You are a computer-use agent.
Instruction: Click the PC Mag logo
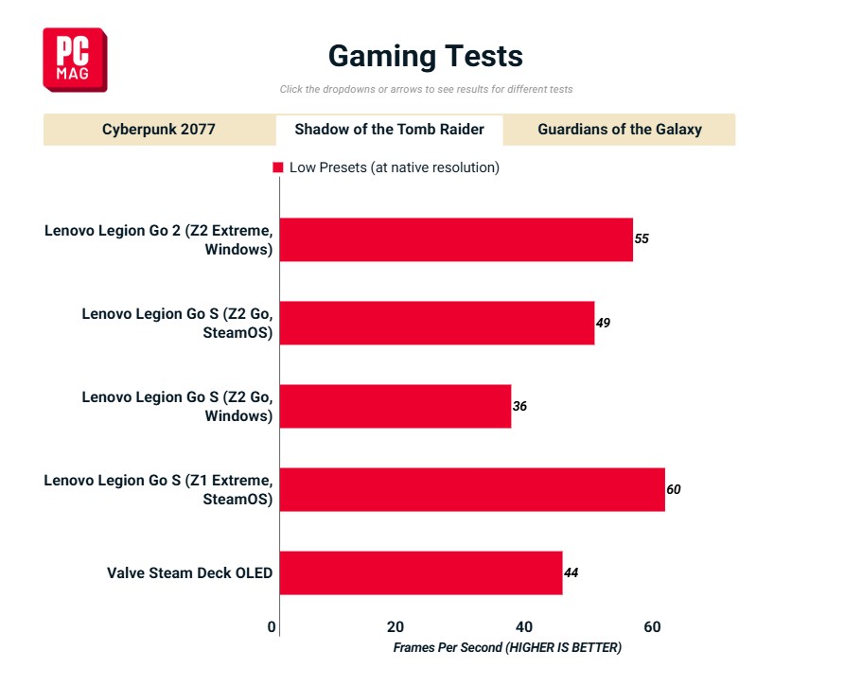tap(75, 60)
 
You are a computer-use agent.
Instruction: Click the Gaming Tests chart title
tap(425, 56)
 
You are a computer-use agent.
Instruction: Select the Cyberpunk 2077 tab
tap(159, 130)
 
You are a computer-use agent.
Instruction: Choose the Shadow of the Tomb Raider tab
tap(389, 130)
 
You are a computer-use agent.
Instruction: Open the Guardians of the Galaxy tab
tap(620, 130)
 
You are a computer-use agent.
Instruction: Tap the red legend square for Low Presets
tap(278, 167)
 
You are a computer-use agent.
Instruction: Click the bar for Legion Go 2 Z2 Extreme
tap(456, 239)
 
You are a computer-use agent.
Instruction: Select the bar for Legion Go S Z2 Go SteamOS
tap(437, 323)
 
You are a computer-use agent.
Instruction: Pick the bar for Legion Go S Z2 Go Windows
tap(396, 406)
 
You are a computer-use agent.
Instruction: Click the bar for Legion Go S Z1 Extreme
tap(472, 489)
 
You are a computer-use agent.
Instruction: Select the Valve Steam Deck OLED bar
tap(421, 572)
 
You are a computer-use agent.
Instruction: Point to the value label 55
tap(642, 239)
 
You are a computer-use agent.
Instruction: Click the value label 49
tap(603, 323)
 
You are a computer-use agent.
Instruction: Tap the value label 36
tap(519, 406)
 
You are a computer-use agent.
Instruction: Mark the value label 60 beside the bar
tap(674, 489)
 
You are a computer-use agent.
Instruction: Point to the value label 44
tap(571, 572)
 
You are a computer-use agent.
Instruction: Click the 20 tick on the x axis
tap(396, 626)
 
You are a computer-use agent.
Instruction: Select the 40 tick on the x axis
tap(523, 626)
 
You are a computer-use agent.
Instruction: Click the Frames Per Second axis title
tap(507, 648)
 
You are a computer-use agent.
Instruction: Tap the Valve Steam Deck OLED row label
tap(189, 572)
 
